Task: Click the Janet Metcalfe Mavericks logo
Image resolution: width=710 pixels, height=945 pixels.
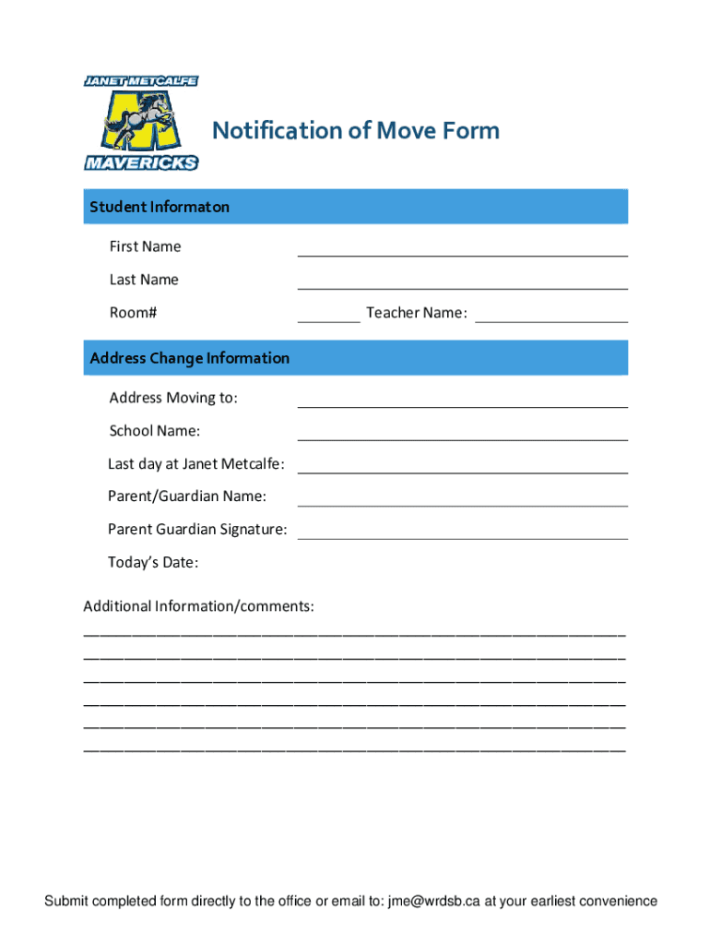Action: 141,123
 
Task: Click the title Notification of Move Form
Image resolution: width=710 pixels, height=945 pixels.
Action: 356,130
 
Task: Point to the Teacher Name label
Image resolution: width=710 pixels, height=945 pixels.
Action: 417,313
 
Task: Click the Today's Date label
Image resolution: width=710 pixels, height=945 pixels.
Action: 153,562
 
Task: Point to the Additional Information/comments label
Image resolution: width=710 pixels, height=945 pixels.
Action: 198,606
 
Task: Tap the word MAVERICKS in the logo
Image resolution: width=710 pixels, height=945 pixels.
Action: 141,162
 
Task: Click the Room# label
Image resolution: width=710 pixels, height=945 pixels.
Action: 133,313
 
